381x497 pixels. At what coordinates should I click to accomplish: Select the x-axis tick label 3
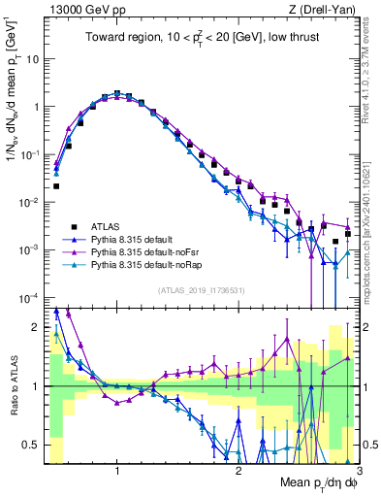pos(359,472)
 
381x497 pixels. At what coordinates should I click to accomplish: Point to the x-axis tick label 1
pos(117,472)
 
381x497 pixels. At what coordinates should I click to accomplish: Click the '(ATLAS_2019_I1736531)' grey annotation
pos(200,291)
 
